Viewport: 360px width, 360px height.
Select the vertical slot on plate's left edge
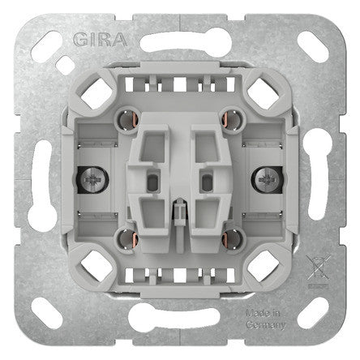tap(41, 178)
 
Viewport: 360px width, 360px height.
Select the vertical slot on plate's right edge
tap(319, 178)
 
